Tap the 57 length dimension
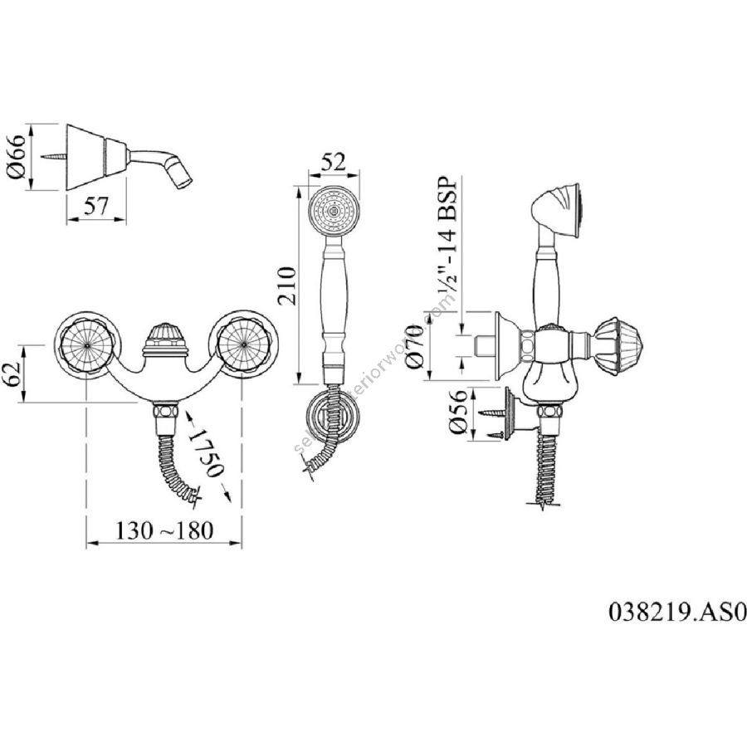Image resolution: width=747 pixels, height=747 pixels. click(95, 207)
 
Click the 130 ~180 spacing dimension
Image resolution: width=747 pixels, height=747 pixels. click(164, 529)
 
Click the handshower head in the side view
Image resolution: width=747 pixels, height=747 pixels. click(560, 209)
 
